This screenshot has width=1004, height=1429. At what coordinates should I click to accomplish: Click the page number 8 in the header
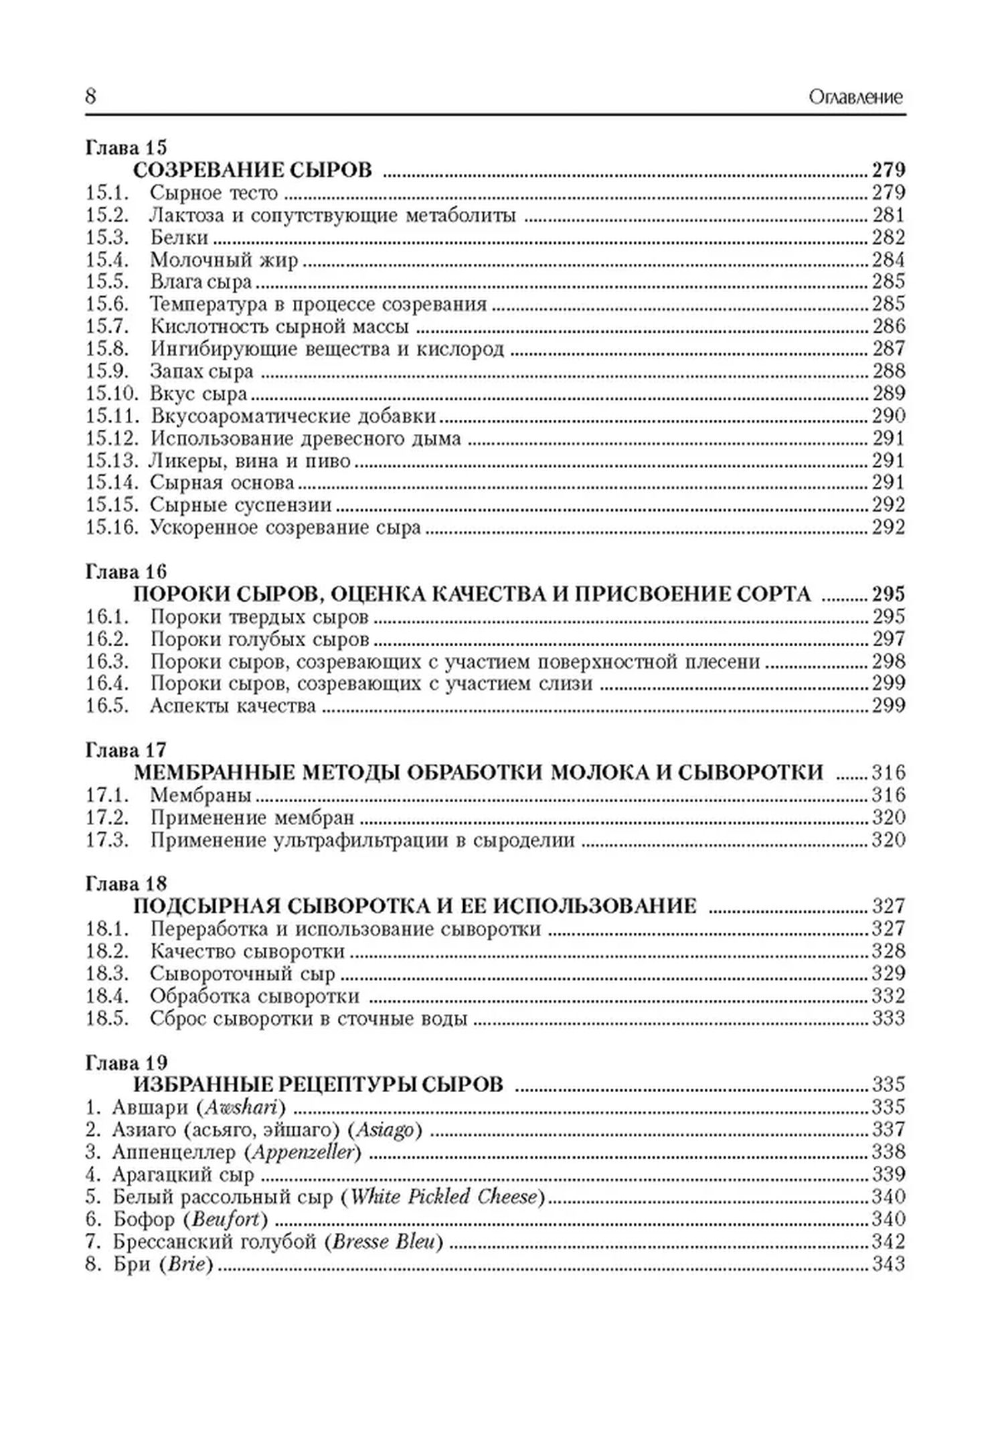pyautogui.click(x=91, y=97)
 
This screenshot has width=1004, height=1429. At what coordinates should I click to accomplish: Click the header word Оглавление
pyautogui.click(x=855, y=98)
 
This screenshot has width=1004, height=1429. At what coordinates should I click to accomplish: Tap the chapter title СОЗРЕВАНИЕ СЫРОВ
pyautogui.click(x=252, y=170)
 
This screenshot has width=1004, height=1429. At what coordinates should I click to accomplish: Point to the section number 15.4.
pyautogui.click(x=106, y=260)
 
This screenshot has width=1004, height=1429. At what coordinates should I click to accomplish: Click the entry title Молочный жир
pyautogui.click(x=224, y=260)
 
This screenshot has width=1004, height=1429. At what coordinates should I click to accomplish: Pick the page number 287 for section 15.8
pyautogui.click(x=888, y=349)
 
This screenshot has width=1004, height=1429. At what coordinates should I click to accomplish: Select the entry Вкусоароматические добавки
pyautogui.click(x=293, y=416)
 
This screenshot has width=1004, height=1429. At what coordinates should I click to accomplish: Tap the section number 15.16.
pyautogui.click(x=112, y=528)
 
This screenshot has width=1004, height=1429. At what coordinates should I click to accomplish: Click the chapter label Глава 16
pyautogui.click(x=126, y=572)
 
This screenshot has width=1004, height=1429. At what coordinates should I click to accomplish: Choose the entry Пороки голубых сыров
pyautogui.click(x=260, y=640)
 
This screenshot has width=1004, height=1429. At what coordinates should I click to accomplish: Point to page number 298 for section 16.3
pyautogui.click(x=888, y=662)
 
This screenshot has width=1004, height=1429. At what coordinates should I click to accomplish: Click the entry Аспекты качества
pyautogui.click(x=233, y=706)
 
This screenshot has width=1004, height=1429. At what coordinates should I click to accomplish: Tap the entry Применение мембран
pyautogui.click(x=252, y=818)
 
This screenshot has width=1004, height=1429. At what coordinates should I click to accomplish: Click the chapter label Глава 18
pyautogui.click(x=126, y=884)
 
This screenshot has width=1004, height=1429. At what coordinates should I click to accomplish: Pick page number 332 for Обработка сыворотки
pyautogui.click(x=888, y=996)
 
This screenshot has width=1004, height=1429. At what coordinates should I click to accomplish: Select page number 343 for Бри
pyautogui.click(x=888, y=1264)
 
